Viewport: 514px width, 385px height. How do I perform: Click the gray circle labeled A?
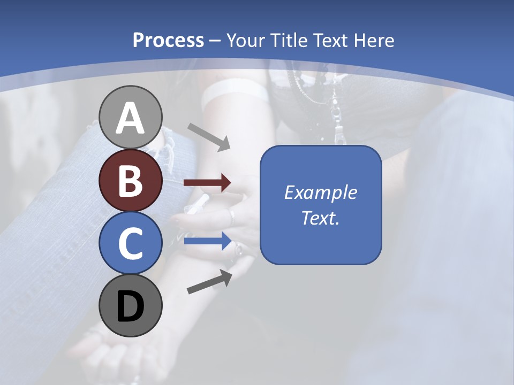(x=131, y=117)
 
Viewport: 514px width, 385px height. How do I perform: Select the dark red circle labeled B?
(x=131, y=181)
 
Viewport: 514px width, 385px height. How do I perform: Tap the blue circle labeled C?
(x=131, y=243)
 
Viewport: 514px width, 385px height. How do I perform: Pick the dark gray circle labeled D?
(x=131, y=306)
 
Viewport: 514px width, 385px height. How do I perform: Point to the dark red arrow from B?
(x=207, y=183)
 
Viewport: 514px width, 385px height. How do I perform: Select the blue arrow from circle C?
(x=207, y=241)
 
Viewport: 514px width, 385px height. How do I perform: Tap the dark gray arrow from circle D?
(x=209, y=282)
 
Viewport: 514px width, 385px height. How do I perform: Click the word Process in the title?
(x=168, y=40)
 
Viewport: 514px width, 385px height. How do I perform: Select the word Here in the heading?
(x=373, y=40)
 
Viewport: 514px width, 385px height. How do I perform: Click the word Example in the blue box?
(x=321, y=192)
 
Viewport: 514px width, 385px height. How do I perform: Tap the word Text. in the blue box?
(x=321, y=218)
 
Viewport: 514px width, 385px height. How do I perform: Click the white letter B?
(x=131, y=181)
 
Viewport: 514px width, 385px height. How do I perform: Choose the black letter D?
(x=131, y=306)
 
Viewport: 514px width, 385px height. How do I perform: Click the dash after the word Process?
(x=215, y=41)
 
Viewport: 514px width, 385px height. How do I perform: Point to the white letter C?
(x=131, y=244)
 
